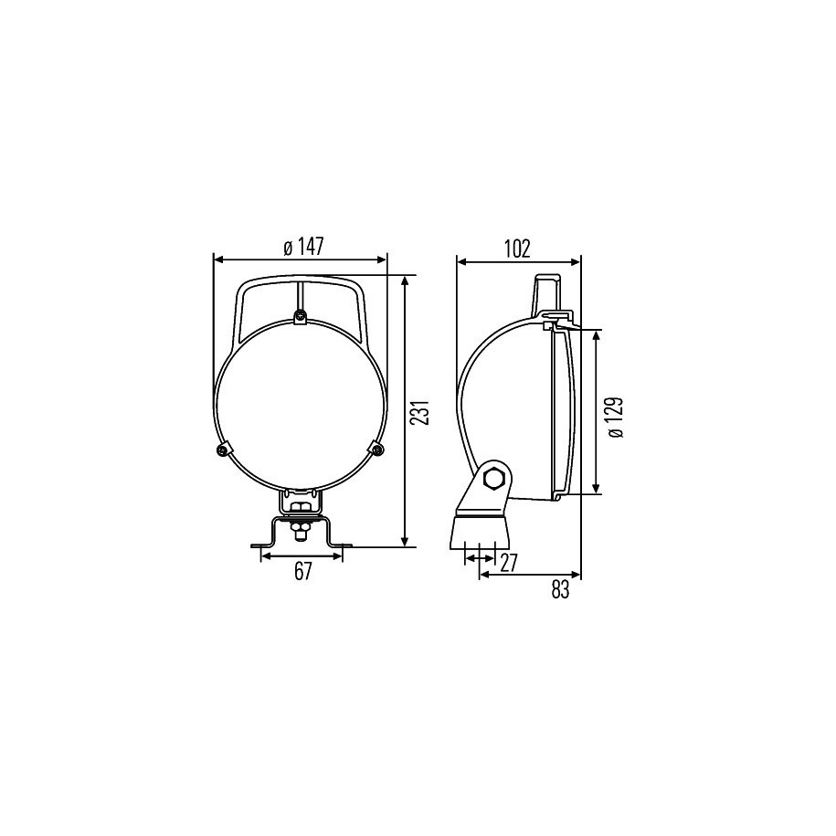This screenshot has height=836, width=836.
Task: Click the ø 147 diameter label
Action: (x=303, y=247)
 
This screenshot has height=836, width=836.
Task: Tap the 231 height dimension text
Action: (x=422, y=411)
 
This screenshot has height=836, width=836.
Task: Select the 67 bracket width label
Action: (x=302, y=572)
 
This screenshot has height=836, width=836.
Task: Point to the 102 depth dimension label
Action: (x=517, y=249)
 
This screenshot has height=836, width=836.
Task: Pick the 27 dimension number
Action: (x=508, y=564)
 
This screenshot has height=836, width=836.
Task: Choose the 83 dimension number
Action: (x=560, y=589)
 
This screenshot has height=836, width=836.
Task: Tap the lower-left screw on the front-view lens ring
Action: (x=222, y=450)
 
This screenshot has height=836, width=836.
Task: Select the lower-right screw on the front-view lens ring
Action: (x=377, y=450)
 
